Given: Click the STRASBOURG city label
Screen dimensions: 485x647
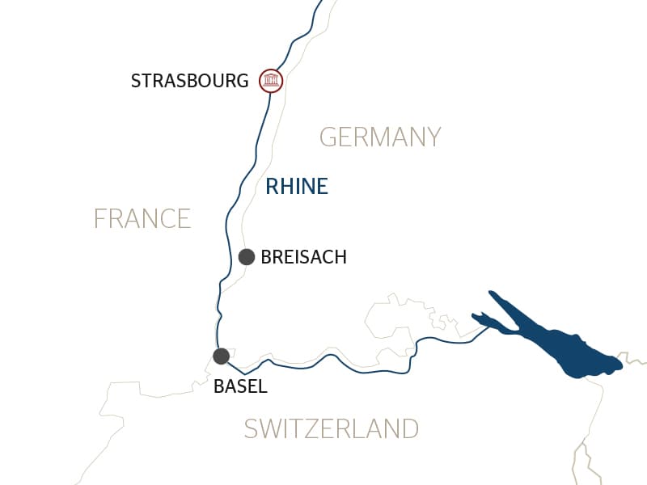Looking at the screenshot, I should point(189,81).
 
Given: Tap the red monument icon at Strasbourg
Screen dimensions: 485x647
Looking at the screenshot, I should point(270,81).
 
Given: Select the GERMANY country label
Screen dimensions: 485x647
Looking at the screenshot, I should point(380,137).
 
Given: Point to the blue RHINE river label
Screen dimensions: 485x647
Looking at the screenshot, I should point(297,187).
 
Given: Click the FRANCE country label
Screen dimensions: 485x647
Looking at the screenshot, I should point(142,218).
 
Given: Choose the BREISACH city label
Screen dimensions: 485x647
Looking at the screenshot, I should point(303,257).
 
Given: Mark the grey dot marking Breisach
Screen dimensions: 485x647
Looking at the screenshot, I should point(247,257).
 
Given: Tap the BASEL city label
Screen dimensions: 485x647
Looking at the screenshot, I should point(239,386).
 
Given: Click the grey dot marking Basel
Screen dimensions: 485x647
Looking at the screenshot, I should point(221,356).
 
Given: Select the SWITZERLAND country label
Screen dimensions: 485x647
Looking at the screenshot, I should point(332,428).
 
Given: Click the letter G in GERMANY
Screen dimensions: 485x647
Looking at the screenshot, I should point(328,137).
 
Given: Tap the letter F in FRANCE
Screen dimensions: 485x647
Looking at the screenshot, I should point(99,218).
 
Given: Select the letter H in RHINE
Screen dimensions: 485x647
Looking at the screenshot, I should point(288,187).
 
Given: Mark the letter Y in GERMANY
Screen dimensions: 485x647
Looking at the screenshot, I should point(433,137).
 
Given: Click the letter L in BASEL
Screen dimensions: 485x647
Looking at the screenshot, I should point(261,386).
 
